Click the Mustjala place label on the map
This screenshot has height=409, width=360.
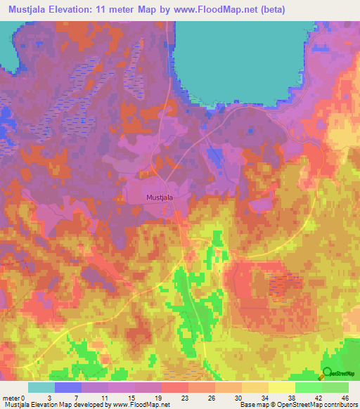click(159, 197)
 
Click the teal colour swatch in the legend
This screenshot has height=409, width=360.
click(41, 387)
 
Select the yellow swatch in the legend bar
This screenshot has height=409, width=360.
click(281, 387)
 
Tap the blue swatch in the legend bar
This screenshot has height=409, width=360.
click(68, 387)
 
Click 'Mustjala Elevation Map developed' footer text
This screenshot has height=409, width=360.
click(46, 405)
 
